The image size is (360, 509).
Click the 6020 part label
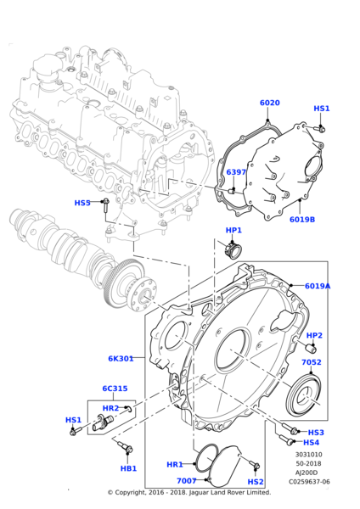(269, 103)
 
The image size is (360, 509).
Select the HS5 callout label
(82, 203)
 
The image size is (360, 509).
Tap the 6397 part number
(236, 172)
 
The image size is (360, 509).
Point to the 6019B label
(301, 219)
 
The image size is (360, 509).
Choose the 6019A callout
(317, 286)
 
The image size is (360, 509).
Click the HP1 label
(233, 231)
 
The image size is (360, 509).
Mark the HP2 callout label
(314, 335)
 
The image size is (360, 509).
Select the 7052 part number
(312, 362)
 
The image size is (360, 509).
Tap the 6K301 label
(121, 359)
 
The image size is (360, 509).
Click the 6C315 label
(115, 389)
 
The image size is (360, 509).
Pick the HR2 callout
(110, 408)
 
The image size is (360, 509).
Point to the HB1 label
(127, 468)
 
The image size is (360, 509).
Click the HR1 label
(174, 465)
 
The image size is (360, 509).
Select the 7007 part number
(186, 481)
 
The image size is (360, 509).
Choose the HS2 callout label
(256, 481)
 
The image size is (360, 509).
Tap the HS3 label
(316, 433)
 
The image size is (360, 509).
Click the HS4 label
(312, 442)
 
